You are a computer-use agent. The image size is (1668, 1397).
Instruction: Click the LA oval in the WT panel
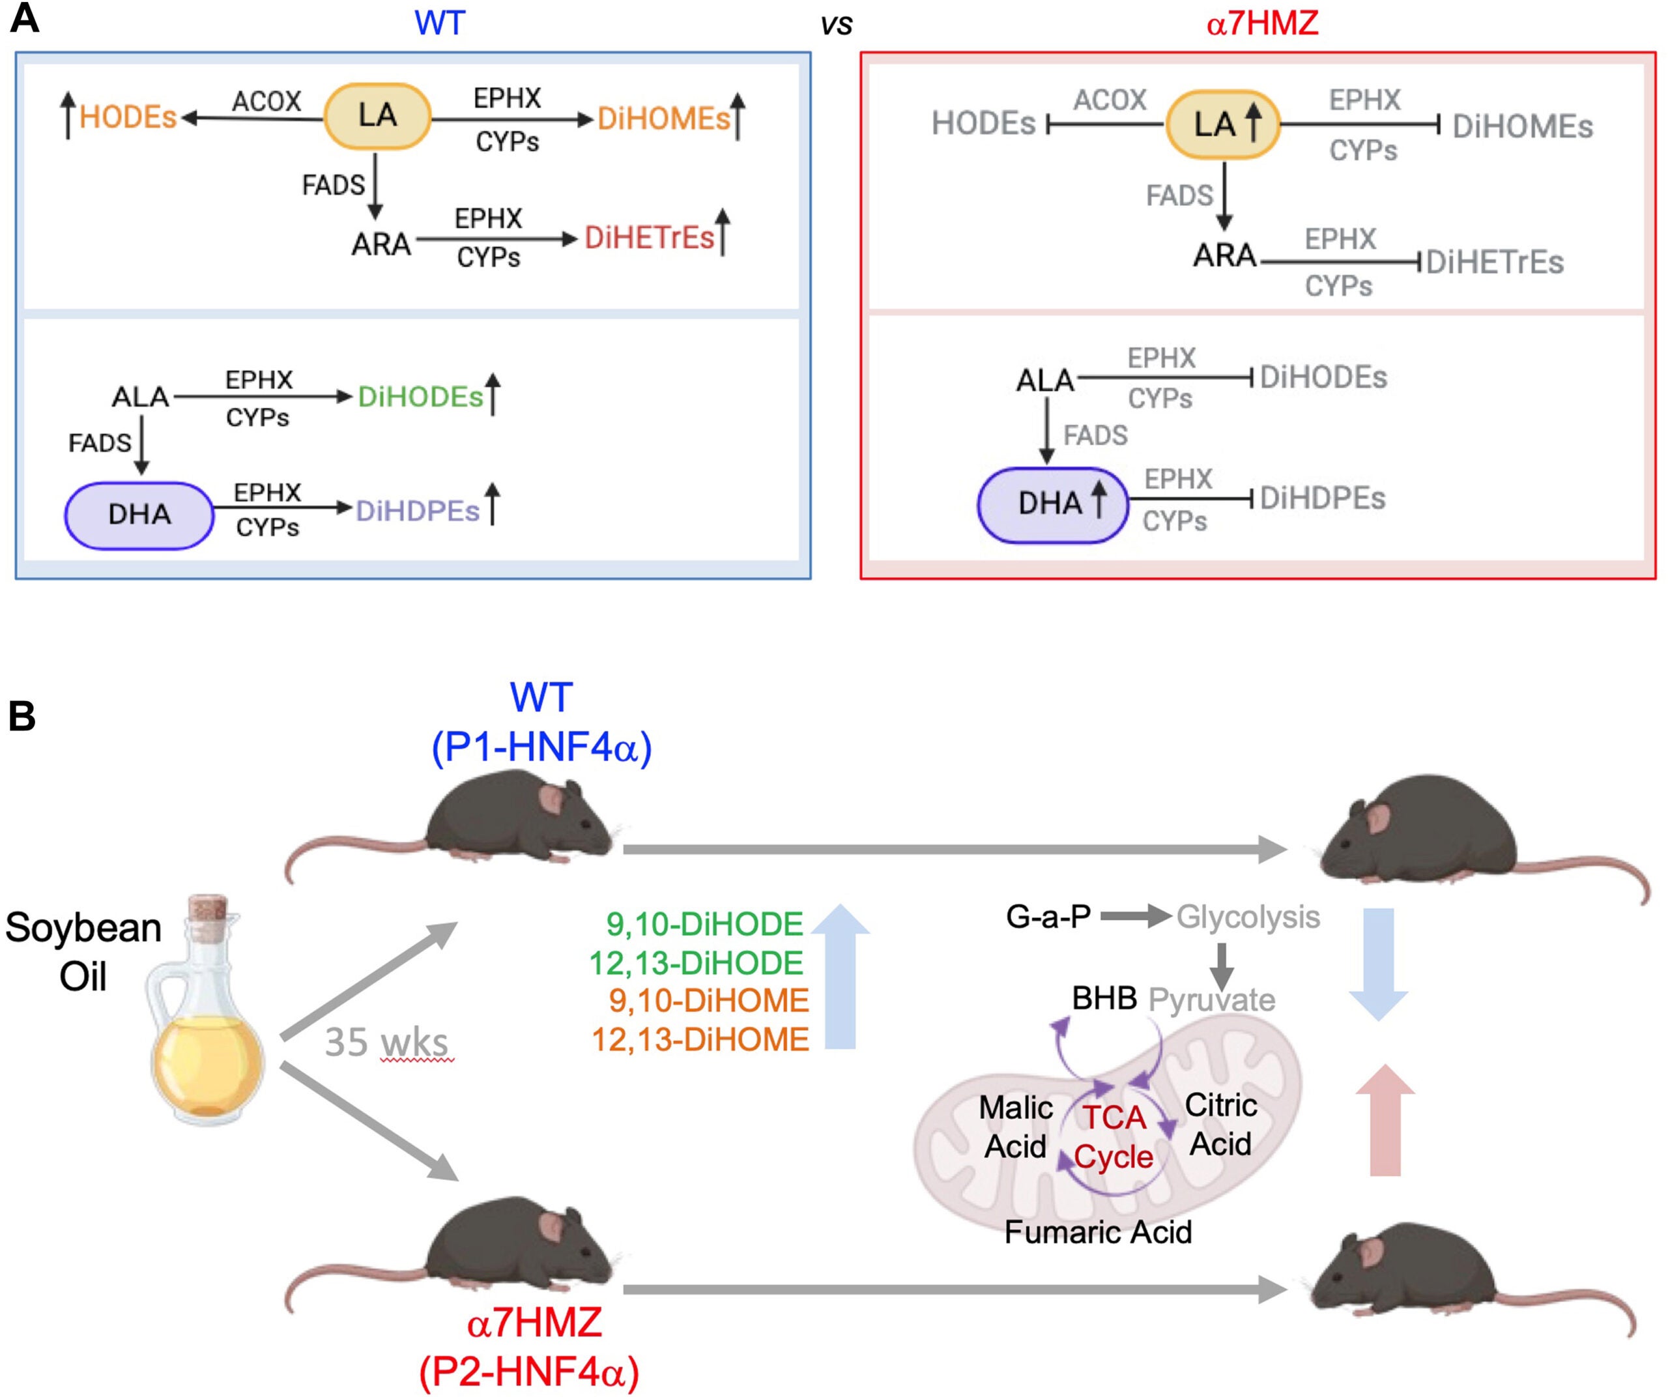click(x=377, y=116)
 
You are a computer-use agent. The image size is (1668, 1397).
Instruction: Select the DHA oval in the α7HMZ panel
click(x=1052, y=504)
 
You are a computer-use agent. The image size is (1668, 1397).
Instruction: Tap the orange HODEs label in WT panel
click(x=128, y=117)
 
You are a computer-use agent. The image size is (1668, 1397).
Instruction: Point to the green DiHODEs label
click(x=420, y=397)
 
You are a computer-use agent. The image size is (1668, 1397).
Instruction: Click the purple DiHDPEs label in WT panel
click(x=418, y=511)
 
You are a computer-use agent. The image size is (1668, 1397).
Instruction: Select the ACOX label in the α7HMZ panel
click(x=1109, y=100)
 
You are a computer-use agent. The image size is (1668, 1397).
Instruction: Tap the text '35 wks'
click(x=387, y=1042)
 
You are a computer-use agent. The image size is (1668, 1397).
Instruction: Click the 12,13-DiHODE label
click(x=696, y=963)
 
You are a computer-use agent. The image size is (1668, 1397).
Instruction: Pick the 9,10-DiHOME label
click(x=708, y=1001)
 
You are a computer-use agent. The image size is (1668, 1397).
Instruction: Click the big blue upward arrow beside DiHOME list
click(x=841, y=977)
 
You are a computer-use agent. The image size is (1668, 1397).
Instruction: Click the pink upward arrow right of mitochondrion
click(x=1385, y=1121)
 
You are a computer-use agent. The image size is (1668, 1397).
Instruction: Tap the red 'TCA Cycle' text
click(x=1114, y=1137)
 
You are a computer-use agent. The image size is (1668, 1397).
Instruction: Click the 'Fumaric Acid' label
click(x=1098, y=1231)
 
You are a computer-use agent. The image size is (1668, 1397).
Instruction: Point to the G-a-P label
click(x=1048, y=917)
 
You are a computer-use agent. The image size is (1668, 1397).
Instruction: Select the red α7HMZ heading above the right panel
click(x=1261, y=24)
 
